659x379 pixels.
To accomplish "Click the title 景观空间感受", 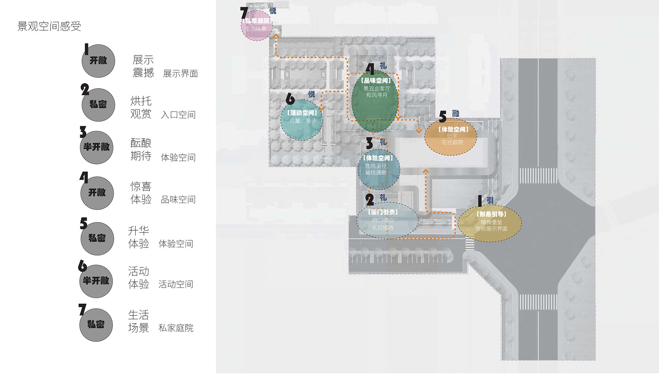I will tap(49, 26).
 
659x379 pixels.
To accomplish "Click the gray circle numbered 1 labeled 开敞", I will tap(98, 61).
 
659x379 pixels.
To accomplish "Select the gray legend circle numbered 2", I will tap(98, 105).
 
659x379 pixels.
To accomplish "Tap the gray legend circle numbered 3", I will tap(97, 147).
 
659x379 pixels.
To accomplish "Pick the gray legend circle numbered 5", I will tap(97, 238).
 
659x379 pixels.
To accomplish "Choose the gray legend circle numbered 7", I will tap(96, 325).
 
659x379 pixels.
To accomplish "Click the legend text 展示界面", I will tap(180, 74).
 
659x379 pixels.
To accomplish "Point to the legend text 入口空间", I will tap(178, 115).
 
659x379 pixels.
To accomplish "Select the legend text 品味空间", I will tap(178, 200).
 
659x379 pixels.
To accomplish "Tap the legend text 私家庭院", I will tap(176, 328).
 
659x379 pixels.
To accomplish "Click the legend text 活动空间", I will tap(176, 285).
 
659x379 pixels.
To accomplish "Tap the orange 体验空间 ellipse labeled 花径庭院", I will tap(451, 137).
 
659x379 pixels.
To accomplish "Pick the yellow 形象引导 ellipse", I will tap(490, 222).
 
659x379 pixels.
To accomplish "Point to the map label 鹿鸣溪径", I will tap(376, 166).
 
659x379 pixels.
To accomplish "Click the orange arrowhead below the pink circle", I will tap(276, 36).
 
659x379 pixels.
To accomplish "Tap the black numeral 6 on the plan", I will tap(290, 99).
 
